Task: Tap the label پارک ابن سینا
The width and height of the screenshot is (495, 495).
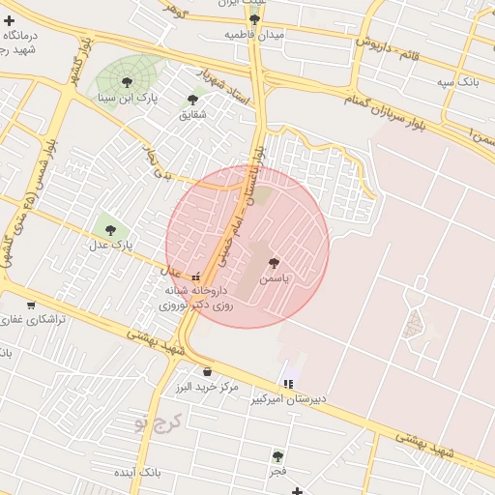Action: [127, 99]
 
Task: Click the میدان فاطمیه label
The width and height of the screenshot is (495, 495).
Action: [255, 34]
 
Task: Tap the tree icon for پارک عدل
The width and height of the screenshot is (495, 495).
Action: [109, 230]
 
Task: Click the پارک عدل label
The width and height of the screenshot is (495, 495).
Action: [109, 246]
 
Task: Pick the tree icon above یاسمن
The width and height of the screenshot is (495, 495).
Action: [275, 261]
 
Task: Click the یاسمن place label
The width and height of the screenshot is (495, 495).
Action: [275, 277]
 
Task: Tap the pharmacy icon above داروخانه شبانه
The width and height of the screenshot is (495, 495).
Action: [196, 276]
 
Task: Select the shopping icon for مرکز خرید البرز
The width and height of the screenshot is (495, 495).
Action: [207, 371]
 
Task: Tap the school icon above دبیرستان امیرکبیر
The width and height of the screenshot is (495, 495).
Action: [288, 384]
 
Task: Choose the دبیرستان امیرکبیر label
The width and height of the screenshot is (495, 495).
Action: [290, 398]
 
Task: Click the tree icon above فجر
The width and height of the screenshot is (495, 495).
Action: [277, 455]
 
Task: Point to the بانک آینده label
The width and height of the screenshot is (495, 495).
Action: [135, 473]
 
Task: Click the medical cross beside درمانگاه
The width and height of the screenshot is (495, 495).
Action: [9, 19]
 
